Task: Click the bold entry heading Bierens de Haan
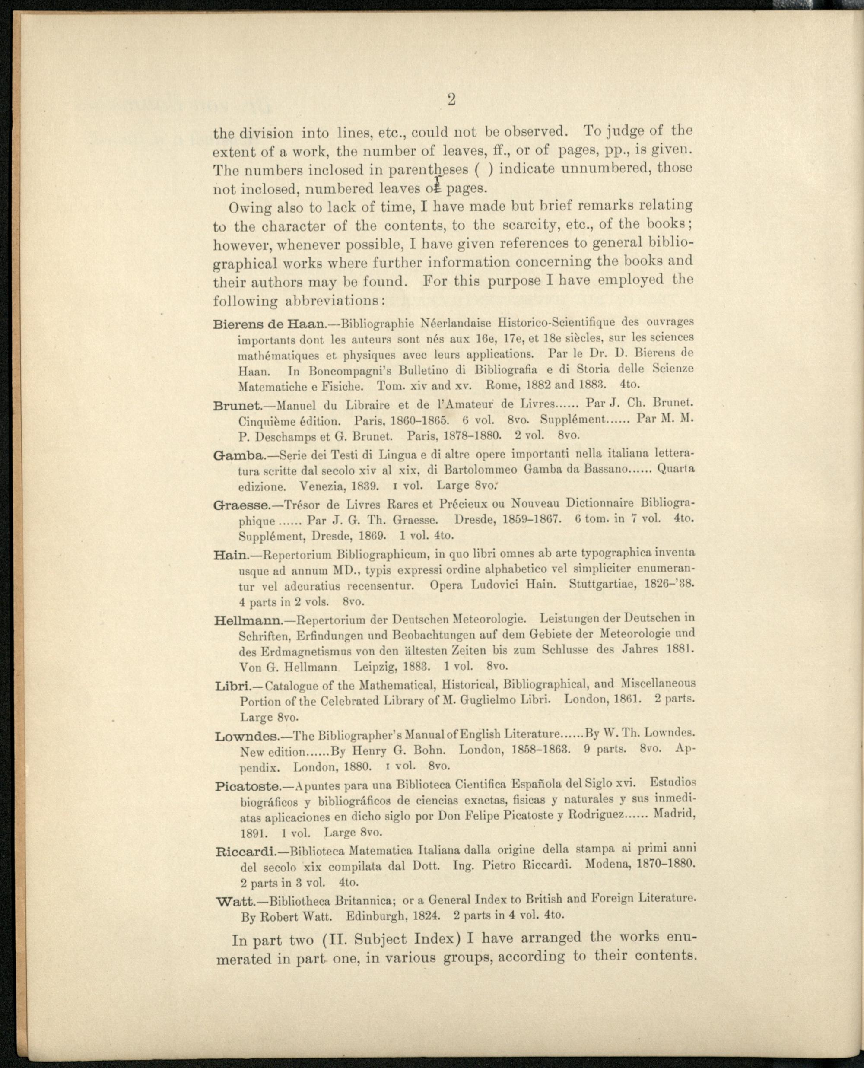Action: click(x=269, y=325)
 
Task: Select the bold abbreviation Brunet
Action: click(x=237, y=406)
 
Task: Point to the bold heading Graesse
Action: click(x=241, y=505)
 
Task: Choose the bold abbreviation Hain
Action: click(x=231, y=555)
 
